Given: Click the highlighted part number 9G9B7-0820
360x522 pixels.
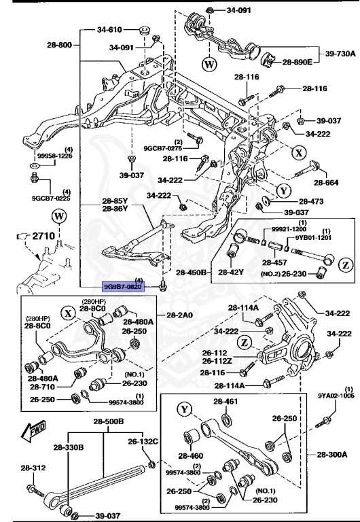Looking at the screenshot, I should (x=122, y=287).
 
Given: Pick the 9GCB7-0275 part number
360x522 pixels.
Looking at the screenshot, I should (x=163, y=147).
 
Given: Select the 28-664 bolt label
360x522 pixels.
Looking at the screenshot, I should (x=326, y=183).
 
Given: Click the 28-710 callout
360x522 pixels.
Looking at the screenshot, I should (x=43, y=386).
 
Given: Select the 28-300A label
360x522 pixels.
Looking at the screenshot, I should (x=331, y=454).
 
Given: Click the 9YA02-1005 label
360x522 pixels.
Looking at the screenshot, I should (x=336, y=394).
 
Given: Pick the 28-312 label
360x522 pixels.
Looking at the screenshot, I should (x=33, y=468).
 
